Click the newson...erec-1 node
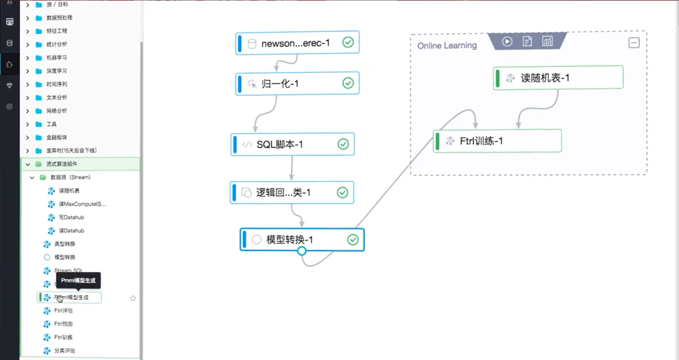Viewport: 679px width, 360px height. pos(296,43)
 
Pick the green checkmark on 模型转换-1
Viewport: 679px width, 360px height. pos(353,240)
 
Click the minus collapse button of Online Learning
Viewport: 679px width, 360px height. pos(634,43)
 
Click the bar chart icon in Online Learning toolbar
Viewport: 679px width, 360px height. pos(547,41)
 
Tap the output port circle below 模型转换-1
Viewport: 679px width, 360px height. pos(302,251)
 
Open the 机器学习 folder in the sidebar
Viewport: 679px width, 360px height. pos(56,57)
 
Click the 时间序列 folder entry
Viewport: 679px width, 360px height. pos(56,84)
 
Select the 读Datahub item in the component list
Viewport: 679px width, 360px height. pos(71,231)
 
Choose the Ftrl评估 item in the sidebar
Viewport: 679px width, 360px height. pos(63,311)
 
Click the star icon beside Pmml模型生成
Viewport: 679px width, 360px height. pos(133,298)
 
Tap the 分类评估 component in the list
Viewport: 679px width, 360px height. pos(64,350)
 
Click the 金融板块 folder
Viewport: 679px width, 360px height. pos(56,137)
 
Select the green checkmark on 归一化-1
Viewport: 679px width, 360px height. pos(348,83)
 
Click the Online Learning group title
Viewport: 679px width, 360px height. pos(447,46)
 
